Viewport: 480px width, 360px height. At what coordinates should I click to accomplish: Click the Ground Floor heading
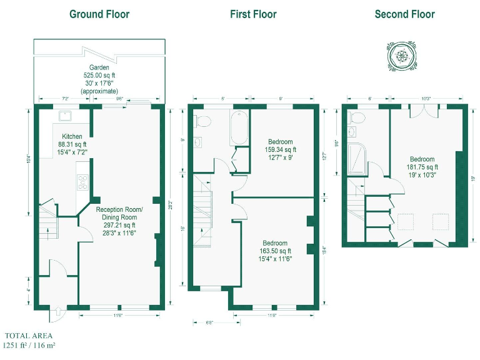[99, 14]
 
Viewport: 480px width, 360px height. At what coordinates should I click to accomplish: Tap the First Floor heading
[253, 14]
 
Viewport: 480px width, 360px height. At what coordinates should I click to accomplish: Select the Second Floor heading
[404, 14]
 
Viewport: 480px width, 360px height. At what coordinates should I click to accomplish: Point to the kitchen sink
[64, 115]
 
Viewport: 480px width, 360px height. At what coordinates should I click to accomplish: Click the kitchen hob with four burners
[83, 182]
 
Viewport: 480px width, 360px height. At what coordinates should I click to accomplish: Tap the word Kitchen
[72, 136]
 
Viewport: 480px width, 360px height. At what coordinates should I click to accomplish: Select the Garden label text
[99, 67]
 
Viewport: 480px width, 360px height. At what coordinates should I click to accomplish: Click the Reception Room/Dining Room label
[119, 213]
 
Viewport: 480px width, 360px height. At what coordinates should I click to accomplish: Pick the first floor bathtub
[239, 127]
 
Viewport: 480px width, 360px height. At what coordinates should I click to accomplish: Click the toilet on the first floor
[204, 120]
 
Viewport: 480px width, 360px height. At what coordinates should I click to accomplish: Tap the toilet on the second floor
[357, 117]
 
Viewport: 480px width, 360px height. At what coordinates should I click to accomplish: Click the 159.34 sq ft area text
[282, 149]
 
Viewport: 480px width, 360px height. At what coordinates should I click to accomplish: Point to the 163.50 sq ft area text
[275, 251]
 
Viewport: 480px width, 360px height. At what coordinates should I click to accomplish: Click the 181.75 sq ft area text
[423, 167]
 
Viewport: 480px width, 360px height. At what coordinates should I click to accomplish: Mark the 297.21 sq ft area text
[119, 225]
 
